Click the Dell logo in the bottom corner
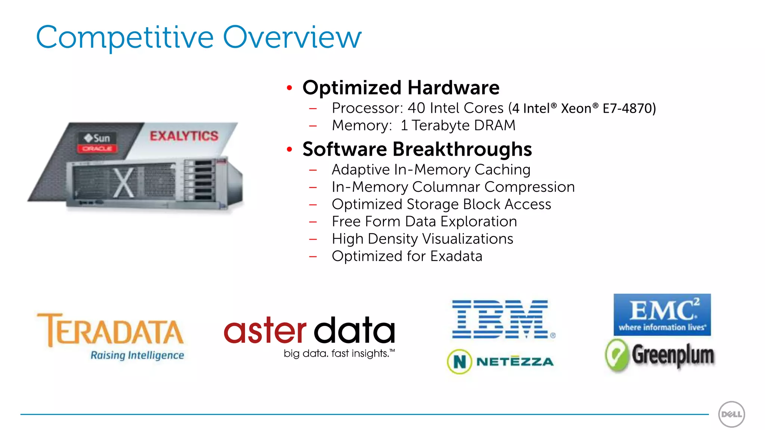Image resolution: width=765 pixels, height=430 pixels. click(731, 414)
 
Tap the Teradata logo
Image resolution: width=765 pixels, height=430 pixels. click(111, 330)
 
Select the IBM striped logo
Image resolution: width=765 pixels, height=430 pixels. click(501, 319)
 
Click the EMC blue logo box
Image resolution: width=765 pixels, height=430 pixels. click(662, 314)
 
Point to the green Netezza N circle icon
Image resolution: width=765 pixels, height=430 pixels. click(459, 361)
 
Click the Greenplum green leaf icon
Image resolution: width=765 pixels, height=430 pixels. click(617, 355)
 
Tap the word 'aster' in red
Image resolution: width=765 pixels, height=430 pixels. click(265, 330)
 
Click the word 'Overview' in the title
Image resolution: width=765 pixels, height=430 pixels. click(292, 37)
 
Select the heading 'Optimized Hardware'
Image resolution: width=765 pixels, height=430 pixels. click(401, 88)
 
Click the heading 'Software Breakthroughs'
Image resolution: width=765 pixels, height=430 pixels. click(417, 149)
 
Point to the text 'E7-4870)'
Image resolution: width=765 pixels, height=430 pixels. click(629, 108)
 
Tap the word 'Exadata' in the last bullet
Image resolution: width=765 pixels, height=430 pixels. click(456, 256)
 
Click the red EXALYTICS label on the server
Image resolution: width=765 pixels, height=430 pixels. click(184, 136)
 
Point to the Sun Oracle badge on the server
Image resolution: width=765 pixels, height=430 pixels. click(97, 142)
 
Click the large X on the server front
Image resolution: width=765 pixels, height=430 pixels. click(124, 183)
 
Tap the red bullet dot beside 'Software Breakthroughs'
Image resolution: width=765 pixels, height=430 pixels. click(289, 149)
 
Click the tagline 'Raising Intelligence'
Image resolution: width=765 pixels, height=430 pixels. click(137, 355)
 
